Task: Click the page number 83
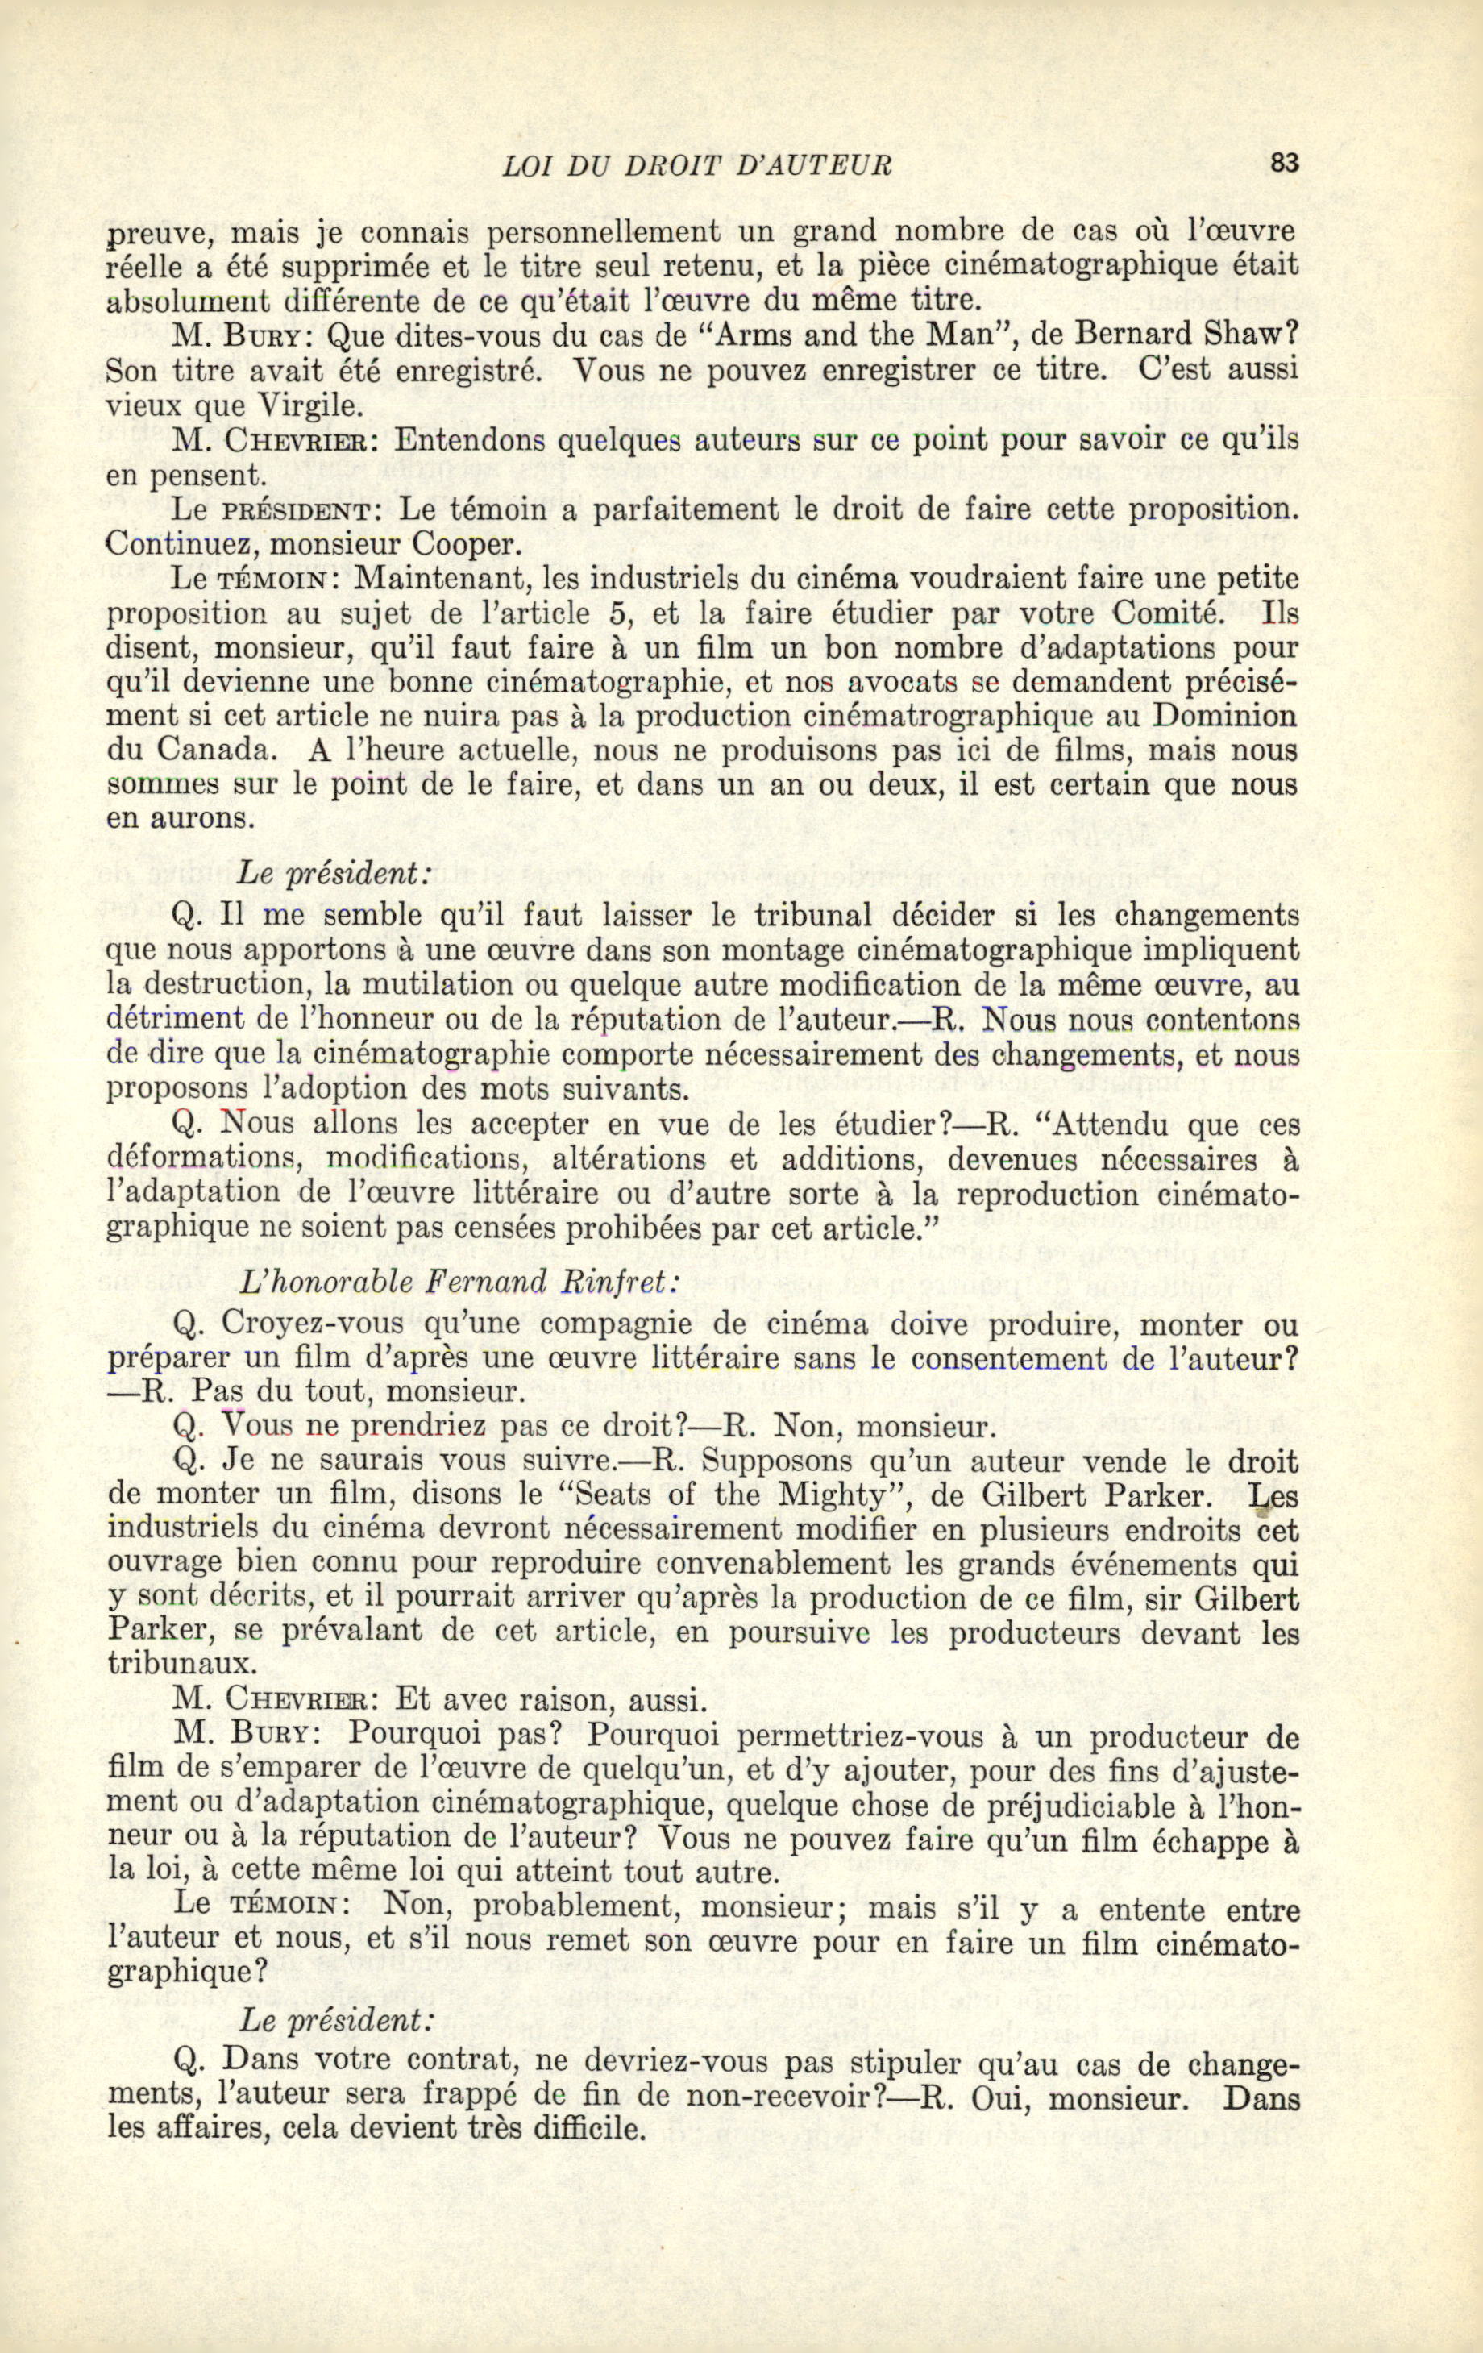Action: pyautogui.click(x=1284, y=164)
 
